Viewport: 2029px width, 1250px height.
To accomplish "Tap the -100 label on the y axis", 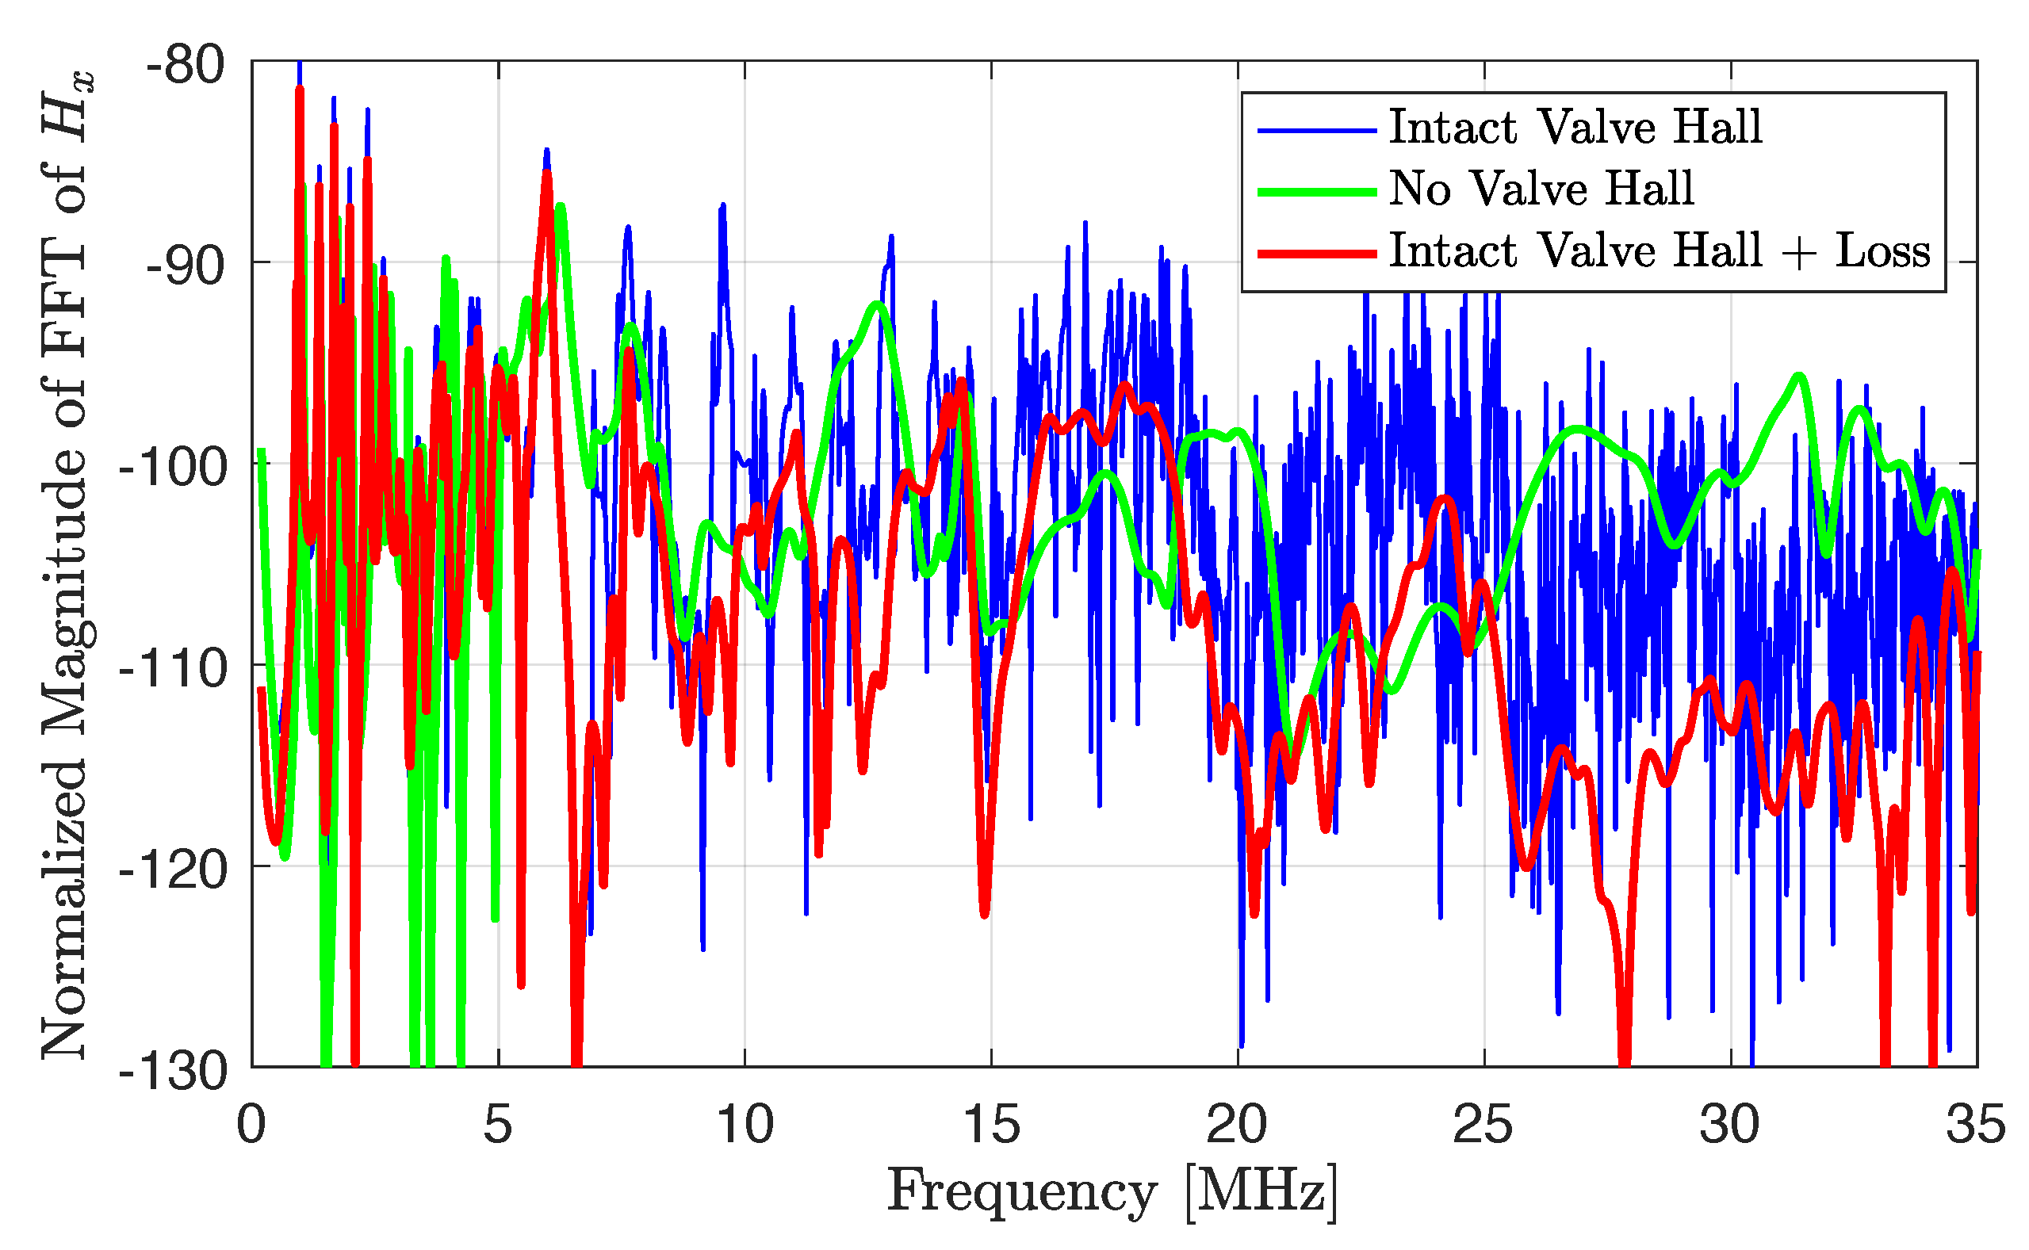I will tap(173, 467).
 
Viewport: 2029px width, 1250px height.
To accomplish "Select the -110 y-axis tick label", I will tap(173, 668).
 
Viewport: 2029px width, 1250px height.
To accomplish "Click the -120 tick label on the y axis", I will tap(173, 870).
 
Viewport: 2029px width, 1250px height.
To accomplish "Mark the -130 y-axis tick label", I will tap(173, 1072).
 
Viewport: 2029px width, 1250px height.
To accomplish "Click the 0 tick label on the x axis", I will tap(251, 1126).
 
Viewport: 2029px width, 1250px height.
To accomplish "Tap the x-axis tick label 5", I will tap(498, 1126).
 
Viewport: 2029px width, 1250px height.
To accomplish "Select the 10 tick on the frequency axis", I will tap(745, 1126).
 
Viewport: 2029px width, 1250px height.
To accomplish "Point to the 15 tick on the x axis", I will tap(990, 1126).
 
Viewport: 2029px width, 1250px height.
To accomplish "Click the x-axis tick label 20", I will tap(1237, 1126).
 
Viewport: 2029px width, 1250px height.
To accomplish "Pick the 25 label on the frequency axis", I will tap(1483, 1126).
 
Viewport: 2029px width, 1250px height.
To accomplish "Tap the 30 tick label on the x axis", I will tap(1730, 1126).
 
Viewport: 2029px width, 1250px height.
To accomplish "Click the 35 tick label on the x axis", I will tap(1976, 1126).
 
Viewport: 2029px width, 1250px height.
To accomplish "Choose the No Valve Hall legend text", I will tap(1541, 189).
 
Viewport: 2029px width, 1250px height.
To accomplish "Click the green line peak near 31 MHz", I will tap(1799, 377).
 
